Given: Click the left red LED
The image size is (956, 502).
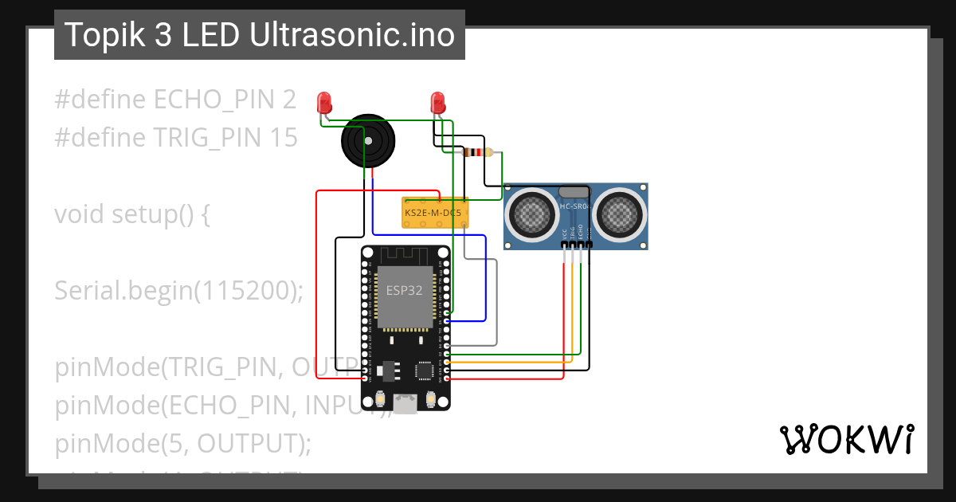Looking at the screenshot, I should [x=323, y=102].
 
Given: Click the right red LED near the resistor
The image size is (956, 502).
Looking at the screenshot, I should [x=437, y=102].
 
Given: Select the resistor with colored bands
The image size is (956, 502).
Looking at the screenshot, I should [x=477, y=153].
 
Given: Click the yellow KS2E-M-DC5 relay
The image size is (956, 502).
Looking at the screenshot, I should [x=433, y=213].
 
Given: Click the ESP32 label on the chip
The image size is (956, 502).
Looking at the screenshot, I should [x=404, y=290].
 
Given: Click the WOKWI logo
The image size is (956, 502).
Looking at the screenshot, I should [x=846, y=439].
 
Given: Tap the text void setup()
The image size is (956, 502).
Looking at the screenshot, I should [x=131, y=214].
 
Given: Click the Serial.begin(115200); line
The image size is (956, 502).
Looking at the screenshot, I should [x=179, y=291].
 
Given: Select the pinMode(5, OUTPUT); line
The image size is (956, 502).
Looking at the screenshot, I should [x=182, y=443].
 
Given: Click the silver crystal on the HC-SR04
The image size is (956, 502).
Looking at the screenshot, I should [x=573, y=191].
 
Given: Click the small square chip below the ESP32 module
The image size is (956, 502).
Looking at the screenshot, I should [x=422, y=370].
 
